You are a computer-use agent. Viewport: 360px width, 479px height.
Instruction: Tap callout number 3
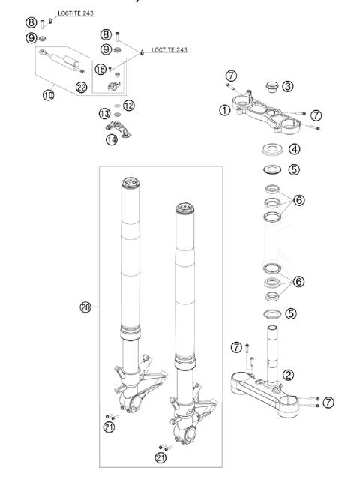tap(288, 86)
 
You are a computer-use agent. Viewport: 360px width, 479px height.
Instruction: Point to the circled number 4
tap(294, 148)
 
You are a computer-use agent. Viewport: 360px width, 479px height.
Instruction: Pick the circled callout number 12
tap(129, 106)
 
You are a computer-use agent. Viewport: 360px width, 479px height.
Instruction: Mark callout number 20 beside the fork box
tap(87, 307)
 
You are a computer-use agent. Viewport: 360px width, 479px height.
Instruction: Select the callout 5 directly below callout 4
tap(294, 169)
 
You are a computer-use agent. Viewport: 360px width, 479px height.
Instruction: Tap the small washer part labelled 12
tap(115, 106)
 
